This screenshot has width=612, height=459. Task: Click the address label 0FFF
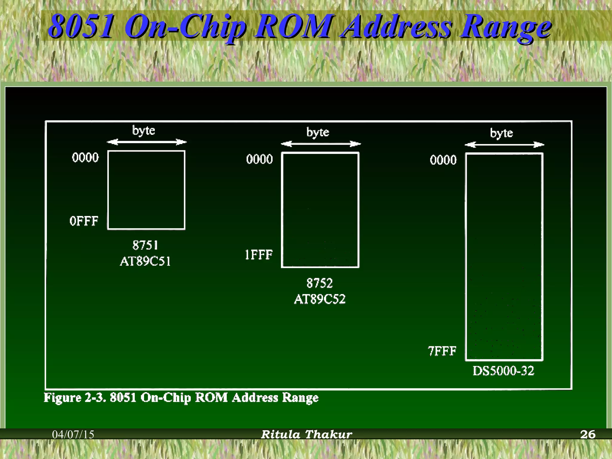tap(84, 221)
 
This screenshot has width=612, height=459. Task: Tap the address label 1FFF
tap(259, 255)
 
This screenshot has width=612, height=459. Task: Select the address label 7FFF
tap(442, 351)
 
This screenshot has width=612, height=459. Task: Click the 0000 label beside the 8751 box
tap(85, 157)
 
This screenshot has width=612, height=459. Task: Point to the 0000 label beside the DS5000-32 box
tap(443, 160)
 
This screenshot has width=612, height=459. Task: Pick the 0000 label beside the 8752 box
tap(260, 159)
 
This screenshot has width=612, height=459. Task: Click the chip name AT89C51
tap(146, 261)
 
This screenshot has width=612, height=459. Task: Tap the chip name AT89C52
tap(320, 299)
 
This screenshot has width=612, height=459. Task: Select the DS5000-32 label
tap(504, 371)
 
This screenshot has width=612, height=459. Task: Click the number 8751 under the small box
tap(145, 245)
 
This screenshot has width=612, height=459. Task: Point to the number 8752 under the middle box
tap(319, 283)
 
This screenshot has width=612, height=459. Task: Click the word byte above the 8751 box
tap(144, 131)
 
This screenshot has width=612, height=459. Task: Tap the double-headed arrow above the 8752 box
tap(321, 144)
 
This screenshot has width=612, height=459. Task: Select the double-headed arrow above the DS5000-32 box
tap(504, 145)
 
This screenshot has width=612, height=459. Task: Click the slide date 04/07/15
tap(73, 434)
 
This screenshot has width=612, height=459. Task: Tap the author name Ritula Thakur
tap(307, 434)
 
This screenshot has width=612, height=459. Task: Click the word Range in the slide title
tap(505, 27)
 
